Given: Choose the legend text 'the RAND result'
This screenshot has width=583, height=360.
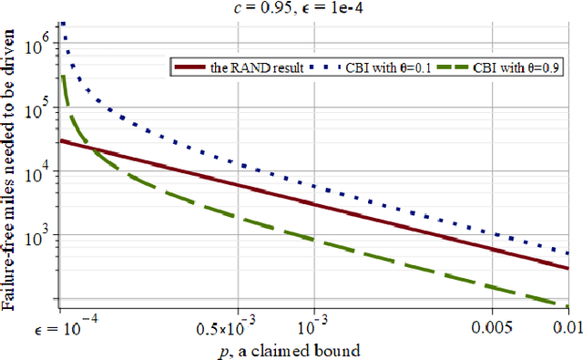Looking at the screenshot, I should (260, 67).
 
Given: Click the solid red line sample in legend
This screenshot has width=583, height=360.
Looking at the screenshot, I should (192, 67).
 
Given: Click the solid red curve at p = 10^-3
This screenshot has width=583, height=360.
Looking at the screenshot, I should (313, 204).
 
